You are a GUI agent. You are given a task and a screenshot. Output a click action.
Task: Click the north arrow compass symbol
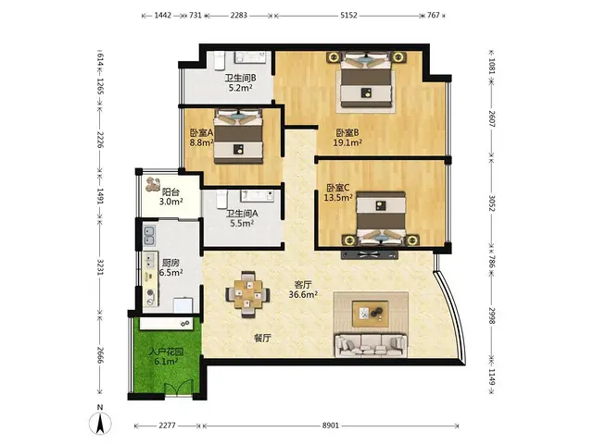click(x=100, y=421)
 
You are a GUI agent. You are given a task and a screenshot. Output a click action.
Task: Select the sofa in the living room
click(x=371, y=345)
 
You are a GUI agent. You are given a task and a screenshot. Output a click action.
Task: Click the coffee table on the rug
click(x=371, y=314)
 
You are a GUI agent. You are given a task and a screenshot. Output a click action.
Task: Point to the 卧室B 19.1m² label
click(x=347, y=138)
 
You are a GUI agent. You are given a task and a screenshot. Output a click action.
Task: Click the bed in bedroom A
click(x=238, y=136)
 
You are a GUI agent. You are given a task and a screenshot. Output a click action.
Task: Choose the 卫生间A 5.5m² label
click(x=242, y=218)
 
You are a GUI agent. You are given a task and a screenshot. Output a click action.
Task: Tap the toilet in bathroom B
click(x=220, y=61)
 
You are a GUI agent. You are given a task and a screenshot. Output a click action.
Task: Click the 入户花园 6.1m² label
click(x=166, y=356)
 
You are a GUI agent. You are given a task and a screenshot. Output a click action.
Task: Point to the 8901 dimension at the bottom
click(x=330, y=425)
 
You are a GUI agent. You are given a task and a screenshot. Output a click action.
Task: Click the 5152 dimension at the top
click(x=348, y=15)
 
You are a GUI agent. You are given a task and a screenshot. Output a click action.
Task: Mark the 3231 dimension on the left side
click(x=99, y=267)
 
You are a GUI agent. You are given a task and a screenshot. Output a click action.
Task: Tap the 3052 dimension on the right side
click(x=492, y=203)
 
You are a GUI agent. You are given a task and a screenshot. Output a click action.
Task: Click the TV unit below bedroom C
click(x=370, y=254)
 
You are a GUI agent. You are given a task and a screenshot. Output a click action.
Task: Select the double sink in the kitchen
click(x=148, y=235)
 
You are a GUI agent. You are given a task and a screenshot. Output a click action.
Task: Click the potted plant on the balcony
click(x=153, y=183)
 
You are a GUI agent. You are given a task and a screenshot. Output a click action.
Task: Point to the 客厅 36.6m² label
click(x=303, y=290)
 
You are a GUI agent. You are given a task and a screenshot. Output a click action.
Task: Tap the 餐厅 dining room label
click(x=262, y=339)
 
